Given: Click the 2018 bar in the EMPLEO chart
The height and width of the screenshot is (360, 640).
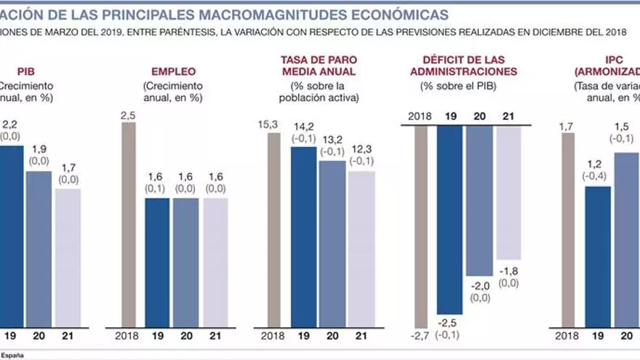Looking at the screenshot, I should pyautogui.click(x=128, y=225).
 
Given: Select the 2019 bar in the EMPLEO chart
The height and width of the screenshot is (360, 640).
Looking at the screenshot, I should pyautogui.click(x=156, y=263).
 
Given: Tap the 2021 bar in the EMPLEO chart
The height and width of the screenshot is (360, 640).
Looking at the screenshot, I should pyautogui.click(x=215, y=263).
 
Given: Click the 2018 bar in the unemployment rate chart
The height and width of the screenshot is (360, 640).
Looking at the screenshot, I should pyautogui.click(x=273, y=230).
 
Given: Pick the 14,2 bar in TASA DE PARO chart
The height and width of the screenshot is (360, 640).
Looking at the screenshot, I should pyautogui.click(x=303, y=237).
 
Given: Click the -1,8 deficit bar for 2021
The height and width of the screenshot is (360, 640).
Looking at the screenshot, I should pyautogui.click(x=508, y=193).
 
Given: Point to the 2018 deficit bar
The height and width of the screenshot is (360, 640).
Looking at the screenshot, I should pyautogui.click(x=420, y=226).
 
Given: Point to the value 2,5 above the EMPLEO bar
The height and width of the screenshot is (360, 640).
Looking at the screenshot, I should pyautogui.click(x=128, y=115).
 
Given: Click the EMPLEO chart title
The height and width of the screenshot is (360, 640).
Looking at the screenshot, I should pyautogui.click(x=172, y=72).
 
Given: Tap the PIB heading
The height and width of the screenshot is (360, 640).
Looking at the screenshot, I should pyautogui.click(x=26, y=72).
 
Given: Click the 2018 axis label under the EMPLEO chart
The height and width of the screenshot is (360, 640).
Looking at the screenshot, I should pyautogui.click(x=128, y=336).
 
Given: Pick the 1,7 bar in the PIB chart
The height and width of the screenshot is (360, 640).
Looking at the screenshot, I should pyautogui.click(x=68, y=258).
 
